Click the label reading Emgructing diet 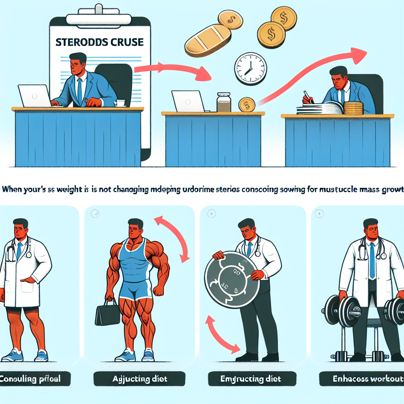coord(250,380)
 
